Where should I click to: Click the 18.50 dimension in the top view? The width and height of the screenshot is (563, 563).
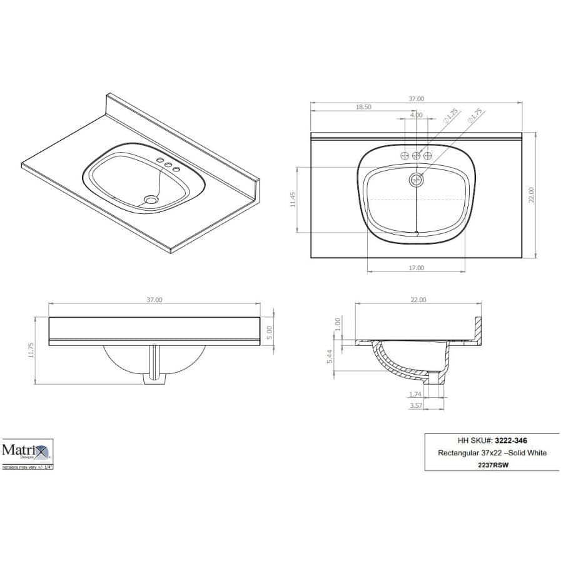(x=363, y=107)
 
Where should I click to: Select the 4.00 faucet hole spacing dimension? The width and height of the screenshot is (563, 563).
(x=416, y=115)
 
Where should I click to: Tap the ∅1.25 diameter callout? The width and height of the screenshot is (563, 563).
(x=450, y=116)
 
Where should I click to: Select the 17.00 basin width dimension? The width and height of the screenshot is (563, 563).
(x=416, y=268)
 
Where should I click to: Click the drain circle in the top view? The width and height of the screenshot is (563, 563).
(x=417, y=180)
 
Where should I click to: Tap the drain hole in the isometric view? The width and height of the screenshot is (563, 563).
(x=151, y=200)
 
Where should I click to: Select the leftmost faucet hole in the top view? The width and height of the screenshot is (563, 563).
(x=405, y=155)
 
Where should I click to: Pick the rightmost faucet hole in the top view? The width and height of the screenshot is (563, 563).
(x=428, y=155)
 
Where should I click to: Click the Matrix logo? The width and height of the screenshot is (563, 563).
(x=26, y=450)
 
